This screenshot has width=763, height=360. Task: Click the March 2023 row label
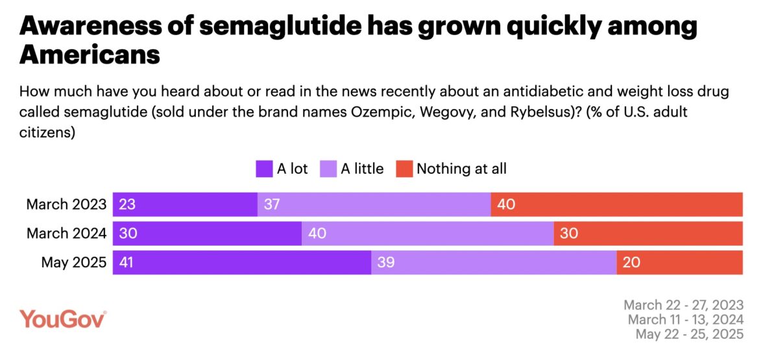tap(66, 204)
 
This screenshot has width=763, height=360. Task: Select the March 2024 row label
tap(66, 234)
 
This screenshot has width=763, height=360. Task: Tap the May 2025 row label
tap(73, 262)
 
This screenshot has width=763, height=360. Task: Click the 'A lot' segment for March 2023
tap(185, 204)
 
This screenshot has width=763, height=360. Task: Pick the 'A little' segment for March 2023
tap(374, 204)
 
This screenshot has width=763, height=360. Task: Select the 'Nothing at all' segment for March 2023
tap(616, 204)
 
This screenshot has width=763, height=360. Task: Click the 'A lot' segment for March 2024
tap(207, 234)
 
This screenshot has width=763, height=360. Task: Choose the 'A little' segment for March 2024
tap(428, 234)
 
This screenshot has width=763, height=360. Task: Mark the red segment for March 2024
tap(648, 234)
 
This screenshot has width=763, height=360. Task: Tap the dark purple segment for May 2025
tap(242, 262)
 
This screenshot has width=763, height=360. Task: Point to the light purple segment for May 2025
tap(494, 262)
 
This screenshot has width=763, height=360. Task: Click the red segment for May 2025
tap(679, 262)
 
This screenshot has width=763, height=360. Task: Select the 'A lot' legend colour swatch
tap(264, 169)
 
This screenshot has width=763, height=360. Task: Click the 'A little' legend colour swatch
tap(328, 169)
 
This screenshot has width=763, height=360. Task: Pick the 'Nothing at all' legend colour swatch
tap(404, 169)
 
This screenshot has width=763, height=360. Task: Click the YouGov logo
tap(63, 319)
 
